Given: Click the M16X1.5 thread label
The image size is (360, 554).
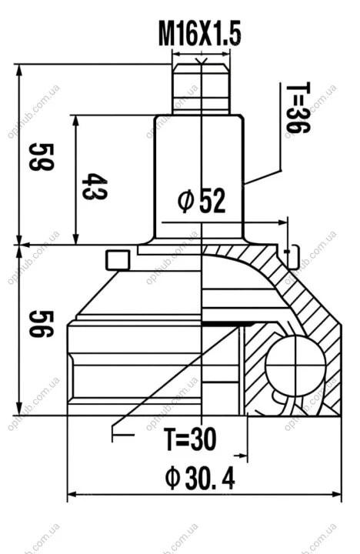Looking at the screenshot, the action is click(x=199, y=34).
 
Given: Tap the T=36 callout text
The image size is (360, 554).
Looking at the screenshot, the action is click(x=298, y=108).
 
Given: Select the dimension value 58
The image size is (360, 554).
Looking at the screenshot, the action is click(x=42, y=157).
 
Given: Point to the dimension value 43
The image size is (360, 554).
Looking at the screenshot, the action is click(x=95, y=186).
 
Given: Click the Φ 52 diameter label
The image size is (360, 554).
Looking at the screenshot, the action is click(x=202, y=200).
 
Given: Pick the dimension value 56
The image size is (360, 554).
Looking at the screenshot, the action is click(x=42, y=324).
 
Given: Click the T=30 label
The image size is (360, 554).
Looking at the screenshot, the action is click(x=190, y=439).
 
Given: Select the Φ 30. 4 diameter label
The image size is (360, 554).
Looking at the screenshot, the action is click(x=199, y=478).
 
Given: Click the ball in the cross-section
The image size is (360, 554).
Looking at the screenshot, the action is click(x=295, y=366).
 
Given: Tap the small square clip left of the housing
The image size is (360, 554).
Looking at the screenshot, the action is click(x=118, y=260).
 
